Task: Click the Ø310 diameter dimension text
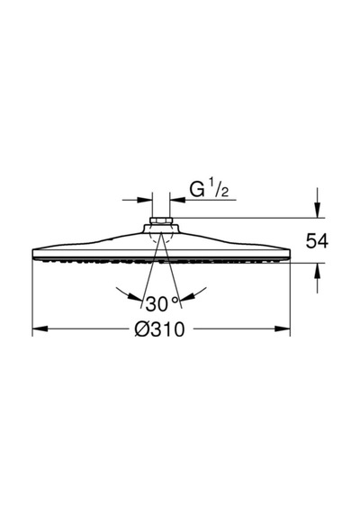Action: click(x=159, y=329)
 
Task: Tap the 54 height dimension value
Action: click(x=317, y=241)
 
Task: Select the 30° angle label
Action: click(x=162, y=303)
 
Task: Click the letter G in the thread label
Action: click(x=197, y=190)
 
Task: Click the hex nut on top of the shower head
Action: click(x=161, y=220)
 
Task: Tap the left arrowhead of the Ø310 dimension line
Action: click(x=40, y=328)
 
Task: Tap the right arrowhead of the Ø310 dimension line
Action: click(x=283, y=328)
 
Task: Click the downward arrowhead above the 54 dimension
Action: click(x=317, y=210)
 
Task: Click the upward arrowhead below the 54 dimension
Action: click(x=317, y=270)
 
